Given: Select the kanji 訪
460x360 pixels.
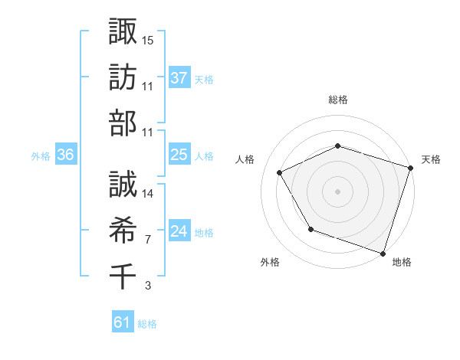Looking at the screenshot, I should pyautogui.click(x=123, y=77).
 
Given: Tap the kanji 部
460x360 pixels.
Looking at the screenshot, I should pyautogui.click(x=123, y=123).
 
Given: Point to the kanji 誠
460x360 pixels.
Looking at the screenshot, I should pyautogui.click(x=123, y=184).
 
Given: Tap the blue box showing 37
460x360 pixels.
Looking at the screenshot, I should pyautogui.click(x=179, y=78).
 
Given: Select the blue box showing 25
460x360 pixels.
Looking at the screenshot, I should pyautogui.click(x=179, y=155).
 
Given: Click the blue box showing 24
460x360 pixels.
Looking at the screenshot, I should pyautogui.click(x=179, y=232).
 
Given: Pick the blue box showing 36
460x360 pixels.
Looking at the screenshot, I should pyautogui.click(x=66, y=155).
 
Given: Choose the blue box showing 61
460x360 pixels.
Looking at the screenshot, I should pyautogui.click(x=123, y=322).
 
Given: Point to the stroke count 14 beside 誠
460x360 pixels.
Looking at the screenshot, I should pyautogui.click(x=149, y=194).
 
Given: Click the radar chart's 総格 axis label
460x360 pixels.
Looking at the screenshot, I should pyautogui.click(x=338, y=100).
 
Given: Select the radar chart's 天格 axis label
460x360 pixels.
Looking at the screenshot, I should pyautogui.click(x=432, y=159).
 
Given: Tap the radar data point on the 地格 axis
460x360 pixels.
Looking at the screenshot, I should pyautogui.click(x=383, y=253).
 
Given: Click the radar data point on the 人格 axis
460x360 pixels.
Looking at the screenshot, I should pyautogui.click(x=279, y=172).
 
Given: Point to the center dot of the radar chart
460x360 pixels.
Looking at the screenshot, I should pyautogui.click(x=338, y=191).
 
